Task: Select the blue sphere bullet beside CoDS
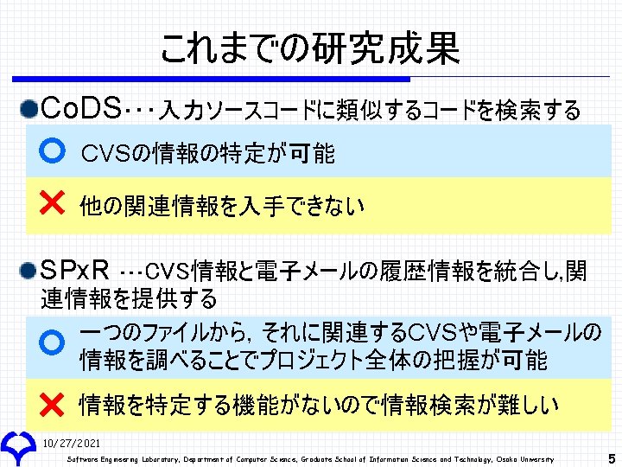[x=30, y=110]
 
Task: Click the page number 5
[x=612, y=458]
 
